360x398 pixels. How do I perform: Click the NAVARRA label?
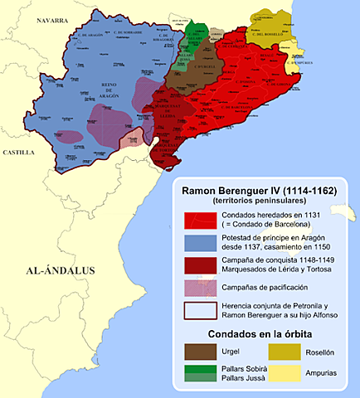pos(46,21)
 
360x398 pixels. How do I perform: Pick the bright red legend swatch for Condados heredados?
pos(200,221)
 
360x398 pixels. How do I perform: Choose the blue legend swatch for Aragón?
pos(200,244)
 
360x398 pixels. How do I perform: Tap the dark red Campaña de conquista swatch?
pos(200,267)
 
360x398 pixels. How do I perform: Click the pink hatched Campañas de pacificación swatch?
pos(200,288)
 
